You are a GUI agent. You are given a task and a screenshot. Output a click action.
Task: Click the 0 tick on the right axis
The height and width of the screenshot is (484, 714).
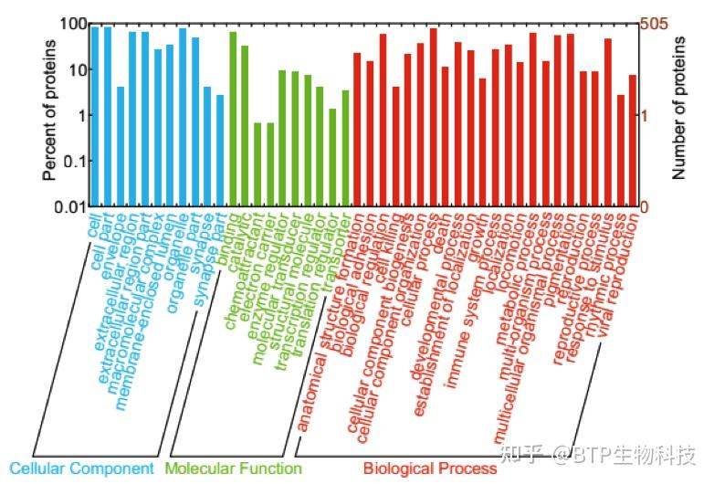tap(645, 207)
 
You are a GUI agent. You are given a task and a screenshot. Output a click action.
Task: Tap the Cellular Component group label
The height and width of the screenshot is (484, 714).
tap(81, 468)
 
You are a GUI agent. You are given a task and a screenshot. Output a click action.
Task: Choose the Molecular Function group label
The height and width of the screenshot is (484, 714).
tap(233, 468)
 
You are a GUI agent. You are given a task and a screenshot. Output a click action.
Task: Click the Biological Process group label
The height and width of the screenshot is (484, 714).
tap(429, 468)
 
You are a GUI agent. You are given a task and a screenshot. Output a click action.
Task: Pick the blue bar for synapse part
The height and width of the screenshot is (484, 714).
tap(220, 151)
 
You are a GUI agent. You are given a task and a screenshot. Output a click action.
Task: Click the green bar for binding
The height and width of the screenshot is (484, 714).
tap(233, 119)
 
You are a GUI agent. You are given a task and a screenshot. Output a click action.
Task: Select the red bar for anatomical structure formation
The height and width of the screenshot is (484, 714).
tap(358, 129)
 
